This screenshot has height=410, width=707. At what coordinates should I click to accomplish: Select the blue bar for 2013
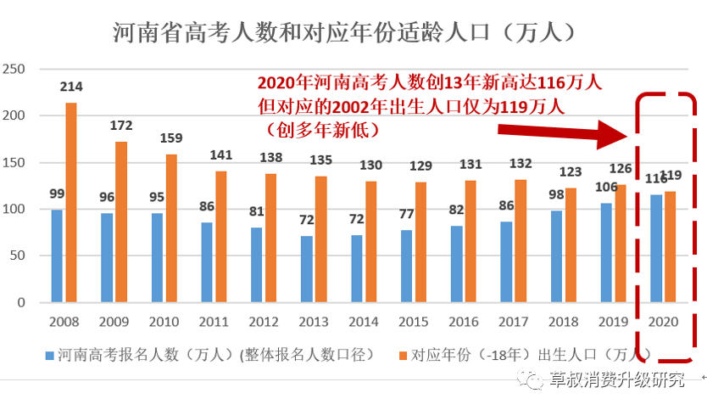(306, 268)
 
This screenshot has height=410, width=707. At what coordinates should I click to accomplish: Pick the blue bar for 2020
(655, 248)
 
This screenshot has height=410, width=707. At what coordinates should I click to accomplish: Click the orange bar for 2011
(221, 236)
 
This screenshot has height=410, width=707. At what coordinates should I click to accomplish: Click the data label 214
(71, 87)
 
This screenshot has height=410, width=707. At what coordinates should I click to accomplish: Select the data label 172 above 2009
(121, 126)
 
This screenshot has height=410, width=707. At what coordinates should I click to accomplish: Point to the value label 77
(405, 214)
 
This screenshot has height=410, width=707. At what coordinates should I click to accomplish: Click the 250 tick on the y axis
(15, 69)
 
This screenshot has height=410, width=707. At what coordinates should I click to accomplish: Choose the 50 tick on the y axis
(19, 256)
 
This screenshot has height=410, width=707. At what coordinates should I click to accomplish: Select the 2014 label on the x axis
(363, 323)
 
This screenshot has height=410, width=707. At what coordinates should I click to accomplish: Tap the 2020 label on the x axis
(662, 323)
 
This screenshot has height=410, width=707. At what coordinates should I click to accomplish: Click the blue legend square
(50, 354)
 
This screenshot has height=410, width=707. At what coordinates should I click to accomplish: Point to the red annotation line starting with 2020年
(430, 82)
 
